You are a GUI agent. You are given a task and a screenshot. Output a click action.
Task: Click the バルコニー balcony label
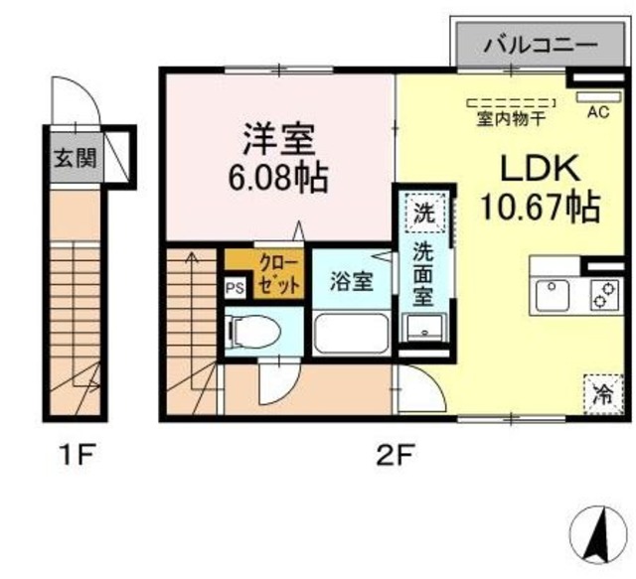541,45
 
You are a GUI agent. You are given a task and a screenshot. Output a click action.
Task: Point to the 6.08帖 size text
278,181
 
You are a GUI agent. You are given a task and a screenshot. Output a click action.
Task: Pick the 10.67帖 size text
540,208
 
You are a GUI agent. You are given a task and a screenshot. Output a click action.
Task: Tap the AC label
598,112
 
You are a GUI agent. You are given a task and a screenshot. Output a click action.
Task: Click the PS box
235,288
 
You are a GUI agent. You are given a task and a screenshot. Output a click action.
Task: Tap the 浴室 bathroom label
352,281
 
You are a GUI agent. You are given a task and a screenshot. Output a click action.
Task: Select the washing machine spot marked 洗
424,212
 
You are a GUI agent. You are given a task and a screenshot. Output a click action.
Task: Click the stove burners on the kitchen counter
602,295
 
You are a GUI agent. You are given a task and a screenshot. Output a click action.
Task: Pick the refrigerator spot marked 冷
602,391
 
